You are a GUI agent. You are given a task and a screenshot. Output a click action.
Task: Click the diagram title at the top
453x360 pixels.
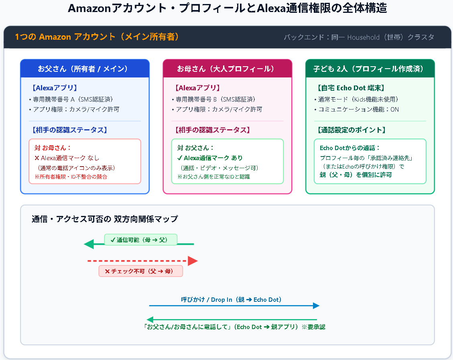tap(228, 8)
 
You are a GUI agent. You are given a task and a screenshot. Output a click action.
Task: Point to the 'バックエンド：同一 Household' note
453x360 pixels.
tap(331, 37)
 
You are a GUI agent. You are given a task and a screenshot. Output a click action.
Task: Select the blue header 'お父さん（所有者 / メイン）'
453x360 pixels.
tap(83, 69)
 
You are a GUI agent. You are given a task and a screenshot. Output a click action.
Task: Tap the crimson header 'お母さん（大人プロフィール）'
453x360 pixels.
tap(225, 69)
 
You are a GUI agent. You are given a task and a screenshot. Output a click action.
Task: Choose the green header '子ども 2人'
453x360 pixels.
tap(330, 69)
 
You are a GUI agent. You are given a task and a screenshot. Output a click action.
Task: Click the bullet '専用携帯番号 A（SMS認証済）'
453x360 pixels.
tap(71, 100)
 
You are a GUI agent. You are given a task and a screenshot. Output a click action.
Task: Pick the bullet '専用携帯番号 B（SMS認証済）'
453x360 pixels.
tap(214, 100)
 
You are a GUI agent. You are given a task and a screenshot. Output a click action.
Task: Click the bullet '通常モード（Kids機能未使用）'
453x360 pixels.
tap(356, 100)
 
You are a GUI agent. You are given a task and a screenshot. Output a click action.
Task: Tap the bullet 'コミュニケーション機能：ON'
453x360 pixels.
tap(357, 110)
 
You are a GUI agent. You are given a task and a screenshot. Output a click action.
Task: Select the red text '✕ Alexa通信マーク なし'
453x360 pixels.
tap(67, 158)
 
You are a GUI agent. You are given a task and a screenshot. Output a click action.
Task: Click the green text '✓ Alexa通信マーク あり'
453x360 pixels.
tap(210, 158)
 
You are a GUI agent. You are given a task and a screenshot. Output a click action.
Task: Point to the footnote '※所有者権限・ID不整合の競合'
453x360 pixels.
tap(71, 177)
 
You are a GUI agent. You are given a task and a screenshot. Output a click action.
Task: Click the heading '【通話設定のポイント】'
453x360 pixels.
tap(351, 130)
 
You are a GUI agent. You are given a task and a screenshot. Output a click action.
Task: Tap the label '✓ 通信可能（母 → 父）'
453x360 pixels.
tap(140, 240)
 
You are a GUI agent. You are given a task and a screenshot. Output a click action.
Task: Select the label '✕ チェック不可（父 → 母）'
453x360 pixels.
tap(141, 271)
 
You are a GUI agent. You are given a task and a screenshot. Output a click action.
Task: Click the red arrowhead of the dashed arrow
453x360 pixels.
tap(193, 261)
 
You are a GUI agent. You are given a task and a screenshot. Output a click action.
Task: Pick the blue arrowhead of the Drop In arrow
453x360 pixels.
tap(316, 306)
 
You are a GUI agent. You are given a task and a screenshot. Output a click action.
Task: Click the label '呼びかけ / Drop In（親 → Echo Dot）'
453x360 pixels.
tap(232, 300)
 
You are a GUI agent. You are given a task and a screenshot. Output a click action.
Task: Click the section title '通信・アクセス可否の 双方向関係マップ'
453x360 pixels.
tap(105, 219)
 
